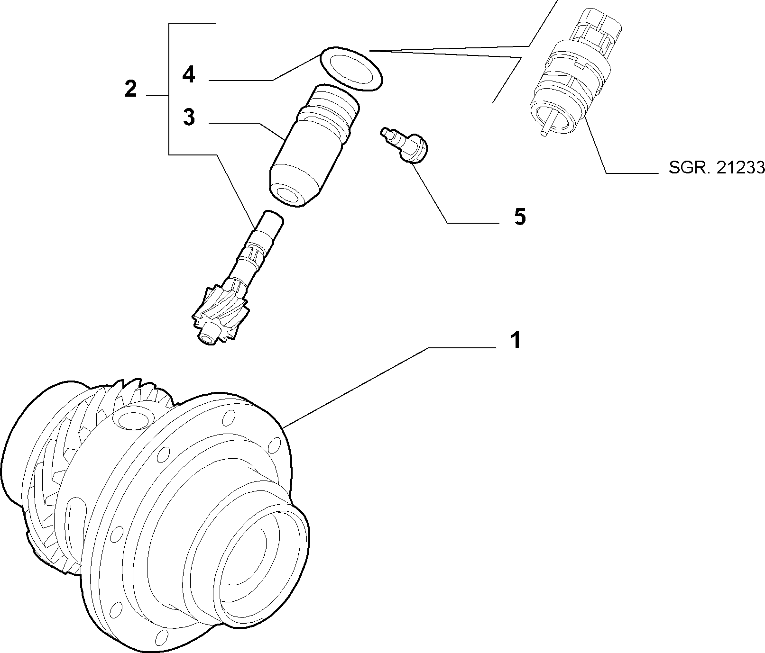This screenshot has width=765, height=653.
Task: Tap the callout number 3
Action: pos(189,117)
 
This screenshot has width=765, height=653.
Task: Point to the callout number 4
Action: pos(189,75)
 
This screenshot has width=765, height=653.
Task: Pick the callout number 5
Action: pos(520,217)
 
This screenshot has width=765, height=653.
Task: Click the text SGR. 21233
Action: pos(717,168)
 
